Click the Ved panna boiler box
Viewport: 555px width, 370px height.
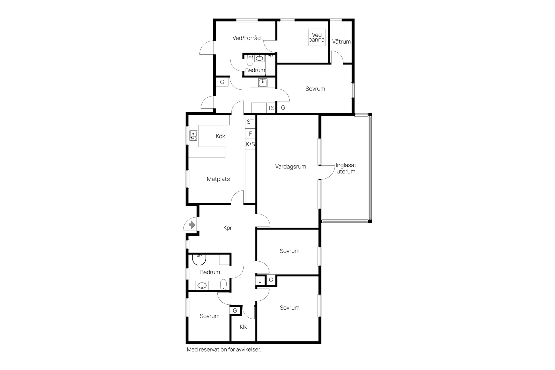point(317,37)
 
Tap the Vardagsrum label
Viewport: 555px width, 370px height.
point(291,166)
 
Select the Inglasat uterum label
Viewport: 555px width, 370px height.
point(346,168)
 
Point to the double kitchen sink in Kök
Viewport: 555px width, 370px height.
point(193,135)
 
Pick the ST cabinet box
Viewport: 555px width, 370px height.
point(250,122)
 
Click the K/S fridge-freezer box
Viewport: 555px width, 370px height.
point(250,144)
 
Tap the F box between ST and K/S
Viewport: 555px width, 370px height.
point(250,134)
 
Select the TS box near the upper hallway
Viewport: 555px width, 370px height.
point(271,108)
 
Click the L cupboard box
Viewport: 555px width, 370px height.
point(260,281)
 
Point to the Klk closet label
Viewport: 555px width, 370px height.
point(243,327)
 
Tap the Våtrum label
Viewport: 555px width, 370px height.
point(341,42)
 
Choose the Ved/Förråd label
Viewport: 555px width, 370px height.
point(247,38)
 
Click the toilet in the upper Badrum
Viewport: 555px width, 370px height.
point(250,60)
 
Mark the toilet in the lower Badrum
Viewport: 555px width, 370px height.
point(223,285)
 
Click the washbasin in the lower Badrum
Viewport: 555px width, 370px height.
point(201,286)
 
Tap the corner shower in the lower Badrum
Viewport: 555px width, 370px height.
point(199,259)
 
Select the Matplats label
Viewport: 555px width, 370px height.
point(218,179)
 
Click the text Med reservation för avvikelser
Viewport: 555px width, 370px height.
point(224,349)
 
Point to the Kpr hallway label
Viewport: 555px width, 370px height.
point(228,228)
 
